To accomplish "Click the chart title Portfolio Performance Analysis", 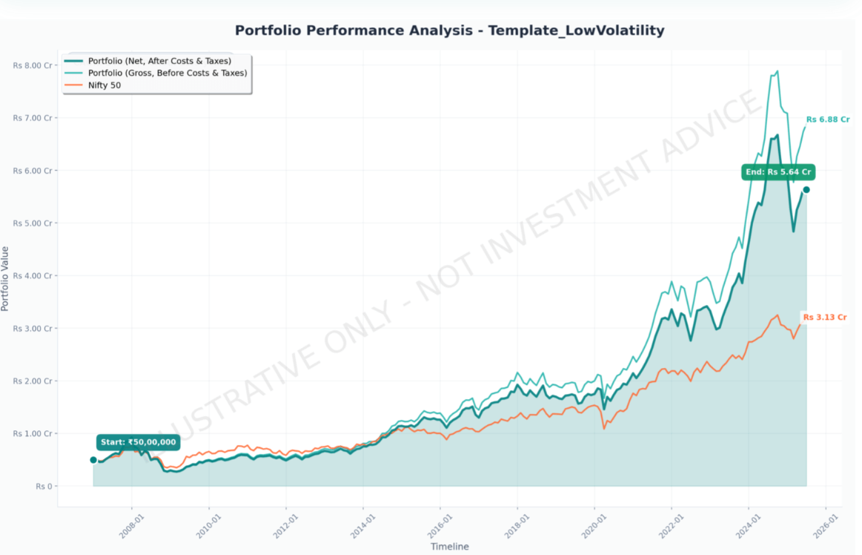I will point(449,30).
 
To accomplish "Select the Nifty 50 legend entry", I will point(104,85).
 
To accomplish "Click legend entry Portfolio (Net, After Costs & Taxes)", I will point(159,60).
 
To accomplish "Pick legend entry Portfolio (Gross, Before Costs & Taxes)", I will point(167,73).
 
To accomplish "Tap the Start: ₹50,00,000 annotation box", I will point(139,442).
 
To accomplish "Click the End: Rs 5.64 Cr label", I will point(778,172).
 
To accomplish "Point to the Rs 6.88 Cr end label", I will point(827,119).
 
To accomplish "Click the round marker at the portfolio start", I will point(93,460).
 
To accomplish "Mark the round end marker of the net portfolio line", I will point(806,190).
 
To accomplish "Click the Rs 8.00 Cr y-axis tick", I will point(32,65).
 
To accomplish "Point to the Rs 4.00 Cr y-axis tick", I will point(32,276).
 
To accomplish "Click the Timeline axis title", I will point(449,547).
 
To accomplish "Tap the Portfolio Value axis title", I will point(6,278).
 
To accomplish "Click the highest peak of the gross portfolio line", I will point(777,71).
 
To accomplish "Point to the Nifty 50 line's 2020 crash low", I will point(604,429).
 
